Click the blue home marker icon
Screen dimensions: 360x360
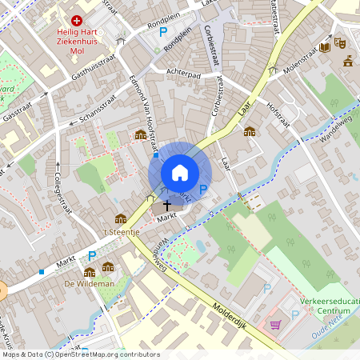180,173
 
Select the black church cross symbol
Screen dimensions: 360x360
166,206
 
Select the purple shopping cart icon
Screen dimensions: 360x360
276,325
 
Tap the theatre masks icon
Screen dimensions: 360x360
339,42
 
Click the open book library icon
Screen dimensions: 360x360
324,47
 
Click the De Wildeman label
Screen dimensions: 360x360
81,282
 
